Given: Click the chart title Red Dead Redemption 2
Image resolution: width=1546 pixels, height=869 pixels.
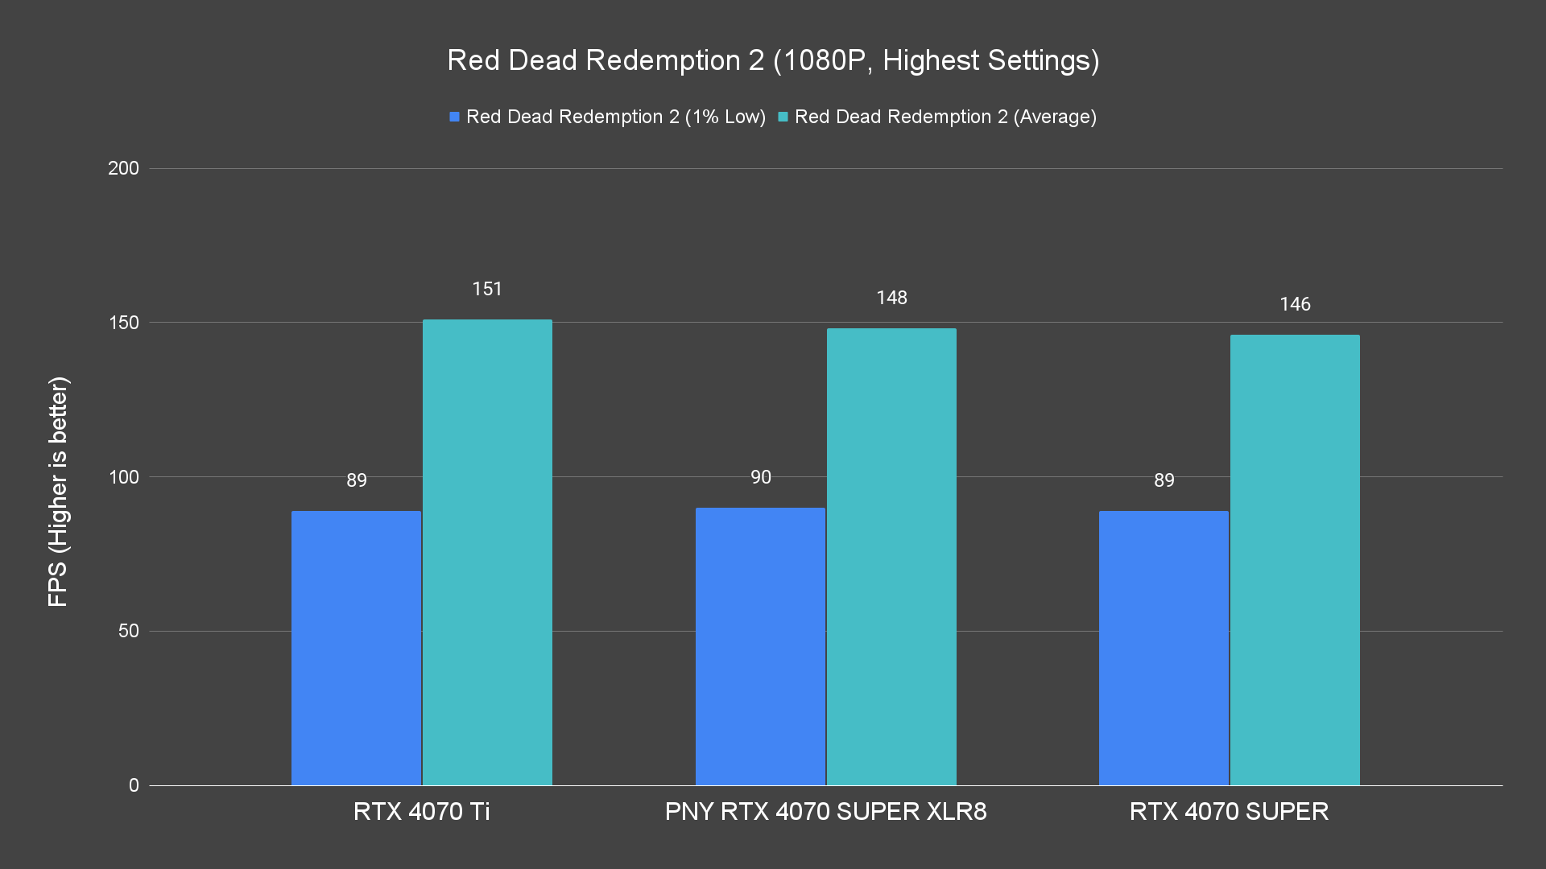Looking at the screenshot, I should [x=773, y=60].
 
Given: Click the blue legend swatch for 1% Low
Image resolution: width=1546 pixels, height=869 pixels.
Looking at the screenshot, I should [x=454, y=117].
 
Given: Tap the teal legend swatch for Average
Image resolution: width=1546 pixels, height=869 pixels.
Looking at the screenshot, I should [x=783, y=117].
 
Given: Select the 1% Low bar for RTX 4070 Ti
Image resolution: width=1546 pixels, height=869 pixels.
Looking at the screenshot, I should [x=356, y=648].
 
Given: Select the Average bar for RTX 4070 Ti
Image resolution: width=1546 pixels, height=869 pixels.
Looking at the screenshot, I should [x=487, y=552].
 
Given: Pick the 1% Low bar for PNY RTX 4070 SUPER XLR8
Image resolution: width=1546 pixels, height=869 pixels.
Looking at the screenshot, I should [x=760, y=646].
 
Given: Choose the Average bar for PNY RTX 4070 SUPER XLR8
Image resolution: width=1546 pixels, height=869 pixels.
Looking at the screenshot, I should [x=891, y=557].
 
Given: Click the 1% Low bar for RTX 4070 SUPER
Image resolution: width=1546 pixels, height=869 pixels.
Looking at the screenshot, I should [x=1164, y=648].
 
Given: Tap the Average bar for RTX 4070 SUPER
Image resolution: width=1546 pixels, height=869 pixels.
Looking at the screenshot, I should [x=1295, y=560].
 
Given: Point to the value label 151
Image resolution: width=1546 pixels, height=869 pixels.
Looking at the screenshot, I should [x=487, y=289].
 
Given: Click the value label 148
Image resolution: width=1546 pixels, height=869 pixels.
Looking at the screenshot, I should [x=891, y=298].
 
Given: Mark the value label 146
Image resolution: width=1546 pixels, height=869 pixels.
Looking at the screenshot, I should [x=1295, y=304].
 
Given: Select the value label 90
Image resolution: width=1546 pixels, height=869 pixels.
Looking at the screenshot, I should [x=760, y=477].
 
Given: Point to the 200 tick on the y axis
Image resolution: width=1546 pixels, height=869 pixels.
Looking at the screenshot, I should [x=123, y=168].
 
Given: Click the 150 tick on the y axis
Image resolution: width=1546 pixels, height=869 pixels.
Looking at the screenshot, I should [x=123, y=323].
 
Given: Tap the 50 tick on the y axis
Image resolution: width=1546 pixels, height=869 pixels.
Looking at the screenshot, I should [x=128, y=631].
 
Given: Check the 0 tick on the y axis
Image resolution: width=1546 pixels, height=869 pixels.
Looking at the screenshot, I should [x=134, y=785].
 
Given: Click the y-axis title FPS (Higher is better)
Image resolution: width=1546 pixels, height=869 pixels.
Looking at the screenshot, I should [x=58, y=492].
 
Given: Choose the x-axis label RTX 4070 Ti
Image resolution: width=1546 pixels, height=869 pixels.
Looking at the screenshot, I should [x=421, y=811].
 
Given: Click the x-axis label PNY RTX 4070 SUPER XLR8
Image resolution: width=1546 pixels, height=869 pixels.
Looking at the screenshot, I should [x=825, y=811].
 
